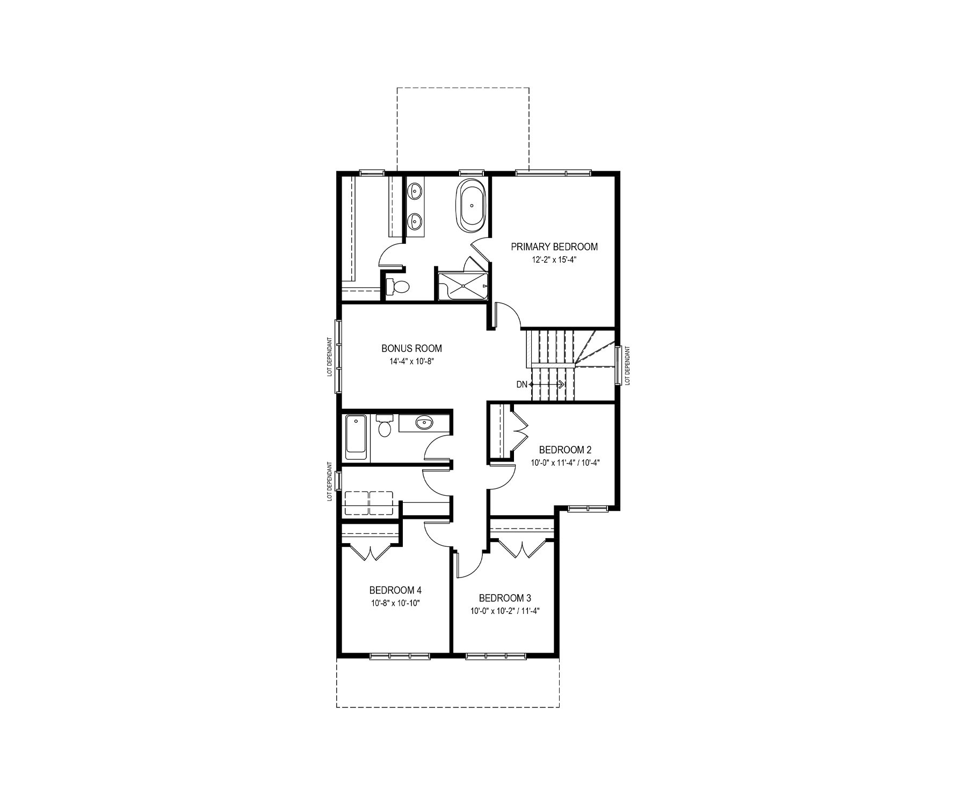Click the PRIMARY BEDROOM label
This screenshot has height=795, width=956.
pyautogui.click(x=554, y=247)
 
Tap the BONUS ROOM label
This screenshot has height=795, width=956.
pyautogui.click(x=412, y=349)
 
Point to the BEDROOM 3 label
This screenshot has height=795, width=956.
pyautogui.click(x=505, y=598)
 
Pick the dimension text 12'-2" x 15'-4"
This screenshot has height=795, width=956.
pyautogui.click(x=554, y=259)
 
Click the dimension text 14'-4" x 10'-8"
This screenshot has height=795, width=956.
pyautogui.click(x=412, y=361)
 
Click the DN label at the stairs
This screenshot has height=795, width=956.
pyautogui.click(x=522, y=385)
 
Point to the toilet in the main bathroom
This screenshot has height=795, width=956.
pyautogui.click(x=384, y=424)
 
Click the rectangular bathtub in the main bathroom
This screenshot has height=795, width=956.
pyautogui.click(x=356, y=437)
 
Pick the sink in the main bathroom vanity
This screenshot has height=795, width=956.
pyautogui.click(x=424, y=423)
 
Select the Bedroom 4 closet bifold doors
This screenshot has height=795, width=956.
pyautogui.click(x=371, y=552)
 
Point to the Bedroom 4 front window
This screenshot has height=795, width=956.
pyautogui.click(x=400, y=655)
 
